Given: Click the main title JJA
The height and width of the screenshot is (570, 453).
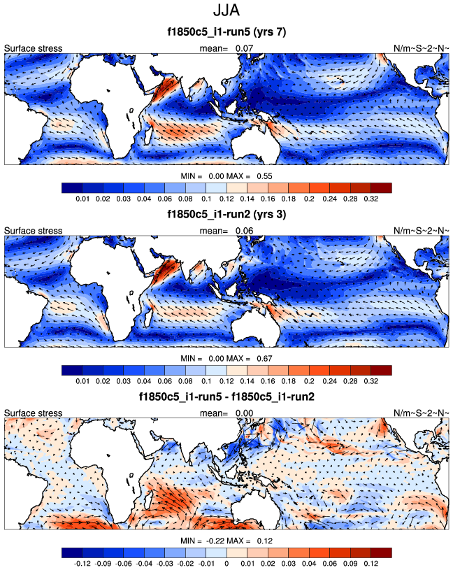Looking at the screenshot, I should pyautogui.click(x=226, y=12).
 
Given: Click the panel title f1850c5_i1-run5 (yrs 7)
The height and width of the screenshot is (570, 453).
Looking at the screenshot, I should pyautogui.click(x=226, y=32).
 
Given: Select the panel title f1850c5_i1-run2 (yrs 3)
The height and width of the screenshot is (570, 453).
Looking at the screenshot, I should pyautogui.click(x=226, y=213).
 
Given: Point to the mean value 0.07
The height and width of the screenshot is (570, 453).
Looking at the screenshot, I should pyautogui.click(x=243, y=48).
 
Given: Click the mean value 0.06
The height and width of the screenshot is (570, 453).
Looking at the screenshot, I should pyautogui.click(x=243, y=230).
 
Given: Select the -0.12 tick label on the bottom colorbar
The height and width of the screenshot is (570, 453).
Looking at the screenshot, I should pyautogui.click(x=82, y=562).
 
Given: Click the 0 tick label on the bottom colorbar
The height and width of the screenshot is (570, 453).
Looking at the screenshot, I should pyautogui.click(x=226, y=562).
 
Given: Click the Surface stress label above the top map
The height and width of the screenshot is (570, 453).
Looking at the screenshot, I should pyautogui.click(x=34, y=48).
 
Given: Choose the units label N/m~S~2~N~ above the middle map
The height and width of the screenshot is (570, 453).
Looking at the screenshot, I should pyautogui.click(x=421, y=230).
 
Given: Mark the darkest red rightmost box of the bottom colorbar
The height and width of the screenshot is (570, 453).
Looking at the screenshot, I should pyautogui.click(x=381, y=550).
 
